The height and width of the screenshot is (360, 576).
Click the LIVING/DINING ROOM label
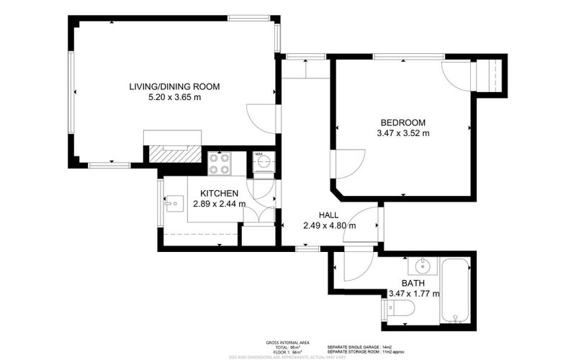pyautogui.click(x=174, y=86)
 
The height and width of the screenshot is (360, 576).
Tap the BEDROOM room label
pyautogui.click(x=402, y=122)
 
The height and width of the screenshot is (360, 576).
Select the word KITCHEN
pyautogui.click(x=219, y=193)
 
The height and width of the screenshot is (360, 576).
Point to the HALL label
pyautogui.click(x=330, y=215)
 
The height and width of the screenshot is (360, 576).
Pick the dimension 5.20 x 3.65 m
pyautogui.click(x=174, y=97)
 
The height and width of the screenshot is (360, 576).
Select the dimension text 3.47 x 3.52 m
pyautogui.click(x=402, y=132)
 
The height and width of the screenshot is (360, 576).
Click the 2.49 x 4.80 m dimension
pyautogui.click(x=330, y=225)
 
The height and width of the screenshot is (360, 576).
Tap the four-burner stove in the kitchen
pyautogui.click(x=219, y=163)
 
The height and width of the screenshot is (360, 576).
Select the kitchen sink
pyautogui.click(x=173, y=204)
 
